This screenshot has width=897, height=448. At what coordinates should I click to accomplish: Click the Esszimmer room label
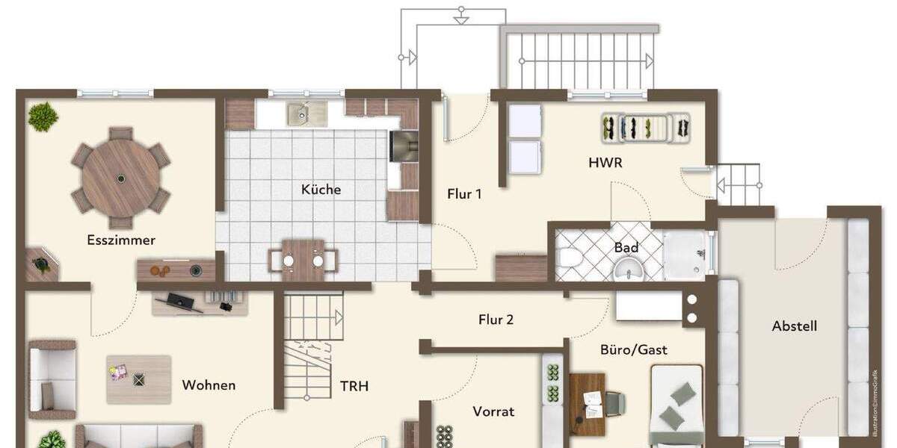(121, 240)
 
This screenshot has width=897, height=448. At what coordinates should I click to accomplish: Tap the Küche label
(321, 190)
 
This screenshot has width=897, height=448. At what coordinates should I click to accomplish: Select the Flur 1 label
(464, 194)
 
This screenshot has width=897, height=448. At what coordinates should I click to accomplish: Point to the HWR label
(605, 163)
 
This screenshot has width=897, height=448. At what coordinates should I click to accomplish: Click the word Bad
(626, 248)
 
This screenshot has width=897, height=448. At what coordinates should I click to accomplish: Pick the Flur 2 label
(496, 320)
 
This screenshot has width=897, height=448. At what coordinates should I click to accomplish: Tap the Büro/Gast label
(634, 349)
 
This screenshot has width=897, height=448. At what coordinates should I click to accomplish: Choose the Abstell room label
(795, 326)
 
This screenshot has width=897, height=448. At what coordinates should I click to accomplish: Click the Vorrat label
(493, 411)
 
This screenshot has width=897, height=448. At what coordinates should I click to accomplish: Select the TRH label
(354, 386)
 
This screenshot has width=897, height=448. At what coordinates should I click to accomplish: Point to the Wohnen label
(209, 385)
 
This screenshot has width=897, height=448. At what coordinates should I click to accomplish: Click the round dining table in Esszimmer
(120, 178)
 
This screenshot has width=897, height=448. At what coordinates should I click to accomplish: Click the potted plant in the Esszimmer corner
(43, 116)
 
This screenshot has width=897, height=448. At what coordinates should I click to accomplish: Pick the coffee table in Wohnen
(138, 379)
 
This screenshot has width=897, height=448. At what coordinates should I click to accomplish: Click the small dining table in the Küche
(303, 260)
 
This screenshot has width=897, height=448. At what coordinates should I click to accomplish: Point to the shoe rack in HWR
(647, 128)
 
